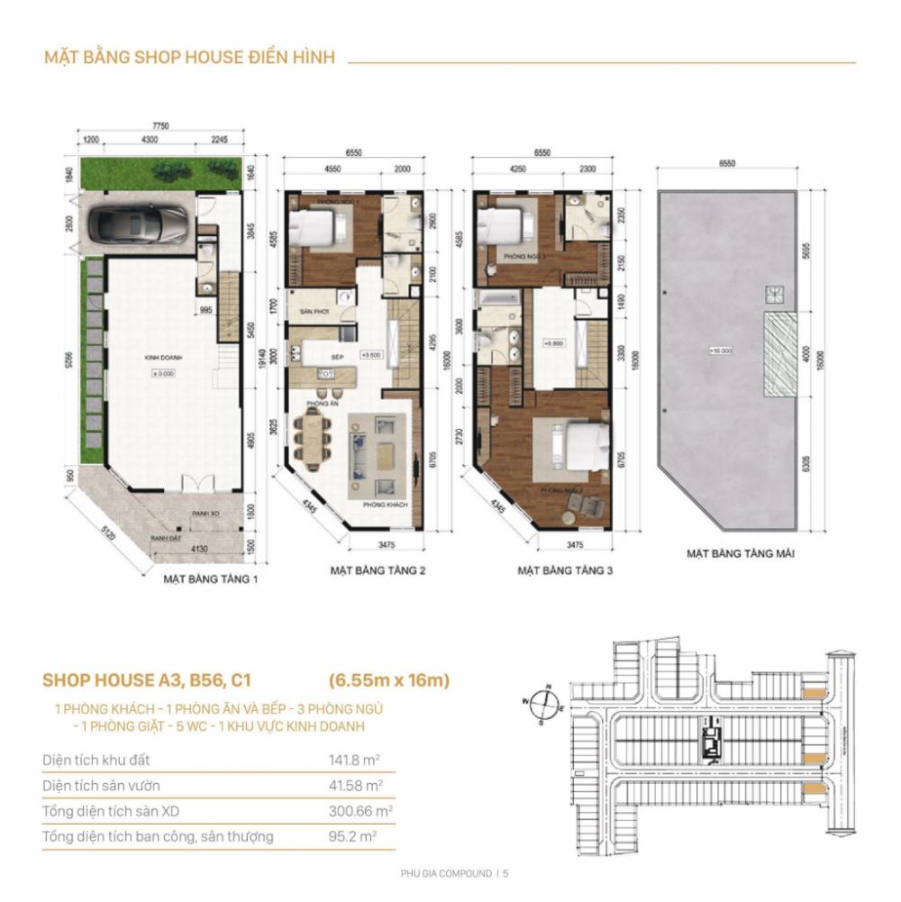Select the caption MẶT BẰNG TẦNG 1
pyautogui.click(x=210, y=579)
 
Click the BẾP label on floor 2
pyautogui.click(x=338, y=357)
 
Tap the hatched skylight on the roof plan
pyautogui.click(x=780, y=355)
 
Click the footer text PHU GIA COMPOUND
pyautogui.click(x=446, y=873)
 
